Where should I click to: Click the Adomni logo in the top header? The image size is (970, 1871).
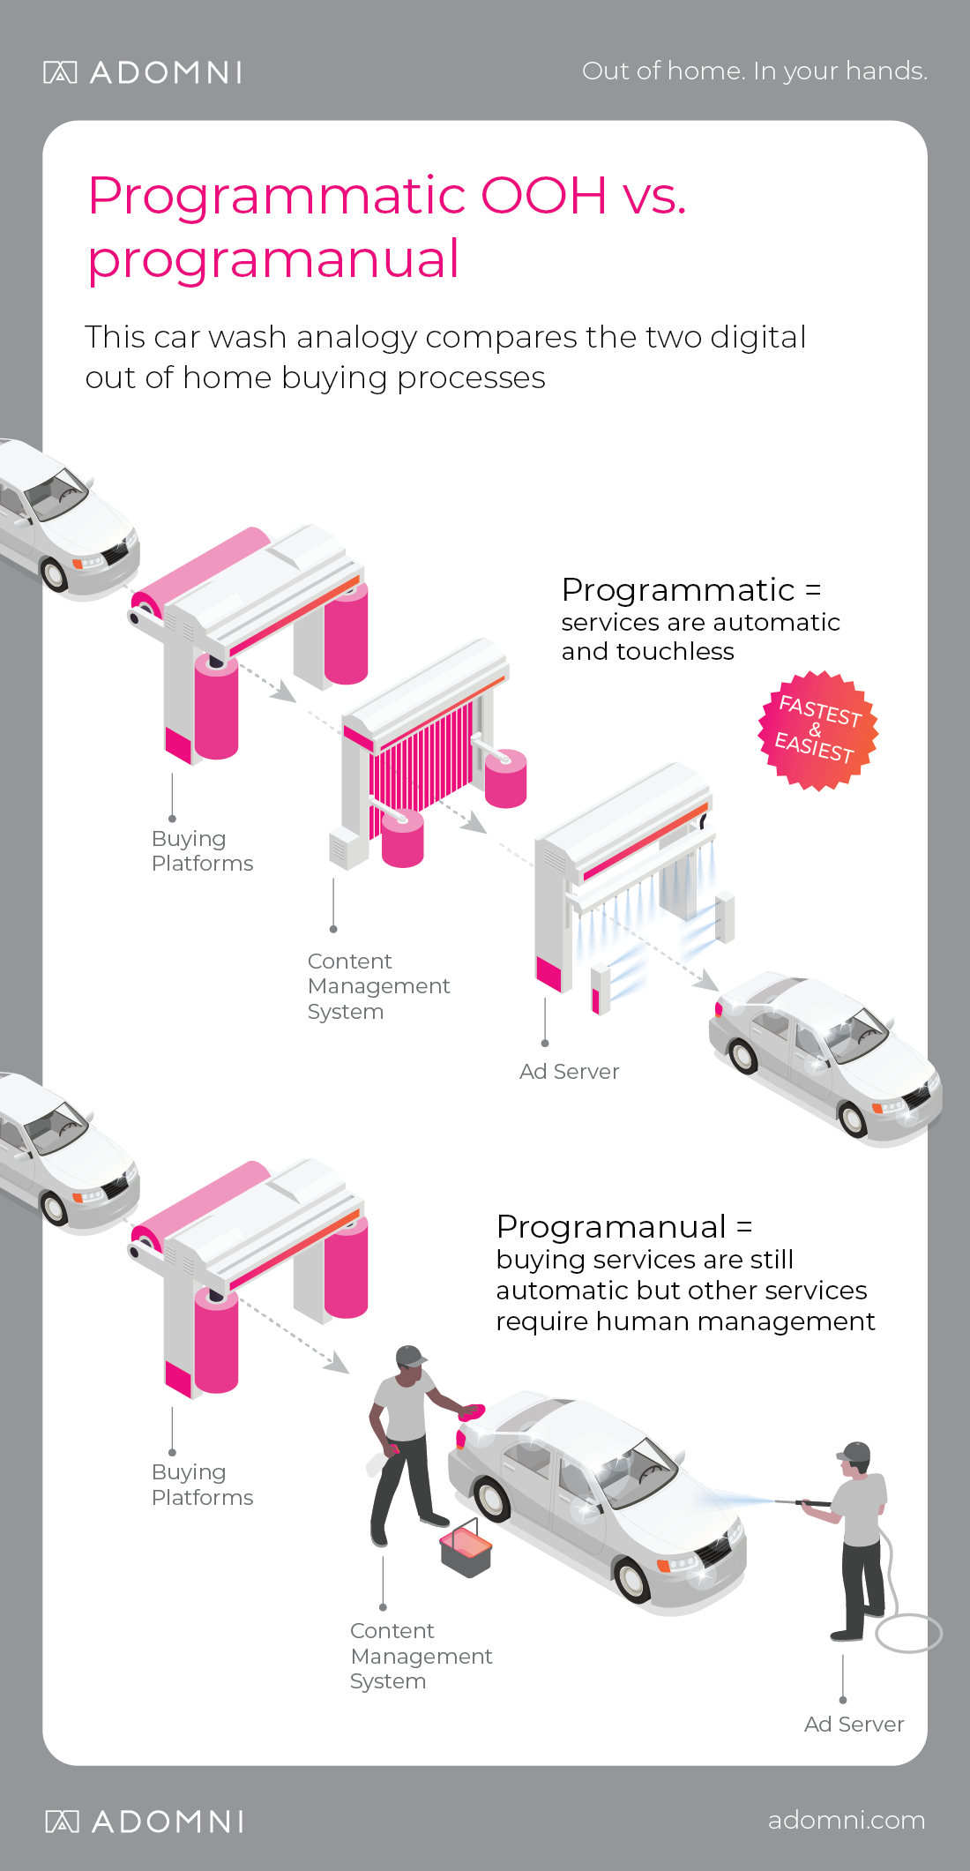pyautogui.click(x=143, y=72)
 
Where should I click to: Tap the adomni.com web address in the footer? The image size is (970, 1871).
pyautogui.click(x=847, y=1820)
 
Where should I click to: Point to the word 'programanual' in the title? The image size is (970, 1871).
pyautogui.click(x=273, y=259)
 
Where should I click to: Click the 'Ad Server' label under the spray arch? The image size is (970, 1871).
pyautogui.click(x=569, y=1071)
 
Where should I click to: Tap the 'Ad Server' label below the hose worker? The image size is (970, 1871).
pyautogui.click(x=854, y=1724)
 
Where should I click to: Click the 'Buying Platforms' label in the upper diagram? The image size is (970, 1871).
pyautogui.click(x=202, y=850)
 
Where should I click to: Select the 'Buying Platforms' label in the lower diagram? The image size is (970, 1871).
pyautogui.click(x=202, y=1485)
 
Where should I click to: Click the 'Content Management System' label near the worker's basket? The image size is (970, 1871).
pyautogui.click(x=421, y=1656)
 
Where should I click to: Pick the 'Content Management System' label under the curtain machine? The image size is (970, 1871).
pyautogui.click(x=378, y=986)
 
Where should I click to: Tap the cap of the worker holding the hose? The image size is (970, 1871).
pyautogui.click(x=854, y=1452)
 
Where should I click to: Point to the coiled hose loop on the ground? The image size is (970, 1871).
pyautogui.click(x=909, y=1633)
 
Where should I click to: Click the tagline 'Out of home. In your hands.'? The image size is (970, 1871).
pyautogui.click(x=755, y=71)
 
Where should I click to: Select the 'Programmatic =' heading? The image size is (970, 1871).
pyautogui.click(x=691, y=589)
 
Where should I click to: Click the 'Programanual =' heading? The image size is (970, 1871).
pyautogui.click(x=624, y=1226)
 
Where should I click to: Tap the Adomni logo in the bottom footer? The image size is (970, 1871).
pyautogui.click(x=145, y=1822)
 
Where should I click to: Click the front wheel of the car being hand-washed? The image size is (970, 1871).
pyautogui.click(x=631, y=1579)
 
